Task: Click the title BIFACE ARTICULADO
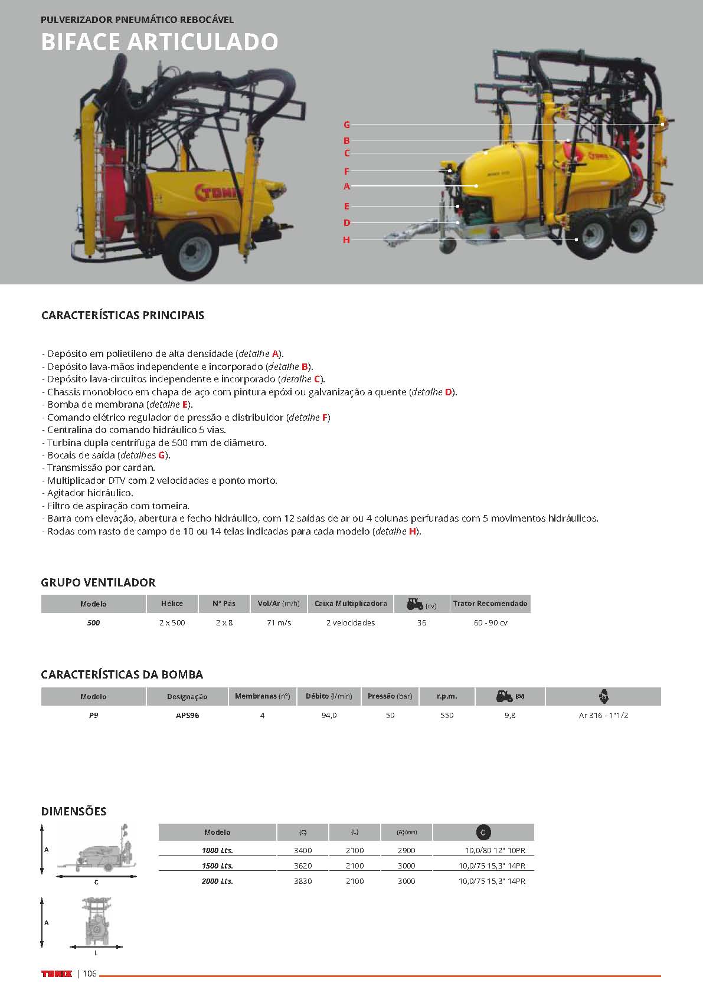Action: (x=159, y=42)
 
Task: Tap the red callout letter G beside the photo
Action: (x=346, y=124)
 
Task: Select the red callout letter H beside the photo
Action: (x=346, y=240)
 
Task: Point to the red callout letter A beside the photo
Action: (x=346, y=186)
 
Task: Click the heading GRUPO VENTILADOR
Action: (x=99, y=582)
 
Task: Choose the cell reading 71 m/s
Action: (x=279, y=622)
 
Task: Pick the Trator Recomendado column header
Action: (x=490, y=604)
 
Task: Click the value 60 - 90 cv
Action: (x=490, y=622)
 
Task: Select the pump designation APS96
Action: (x=187, y=715)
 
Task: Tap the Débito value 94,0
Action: (x=329, y=715)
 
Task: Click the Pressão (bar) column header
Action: (x=390, y=696)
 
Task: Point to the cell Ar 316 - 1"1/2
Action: (x=603, y=715)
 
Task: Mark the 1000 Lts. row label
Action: (x=217, y=850)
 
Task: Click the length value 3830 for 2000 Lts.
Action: (x=303, y=881)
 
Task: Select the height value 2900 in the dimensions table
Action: (x=407, y=850)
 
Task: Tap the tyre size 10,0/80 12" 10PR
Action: (x=495, y=850)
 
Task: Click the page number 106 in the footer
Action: (x=90, y=974)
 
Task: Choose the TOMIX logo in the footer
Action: (x=56, y=974)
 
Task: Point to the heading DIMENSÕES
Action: (x=74, y=811)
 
